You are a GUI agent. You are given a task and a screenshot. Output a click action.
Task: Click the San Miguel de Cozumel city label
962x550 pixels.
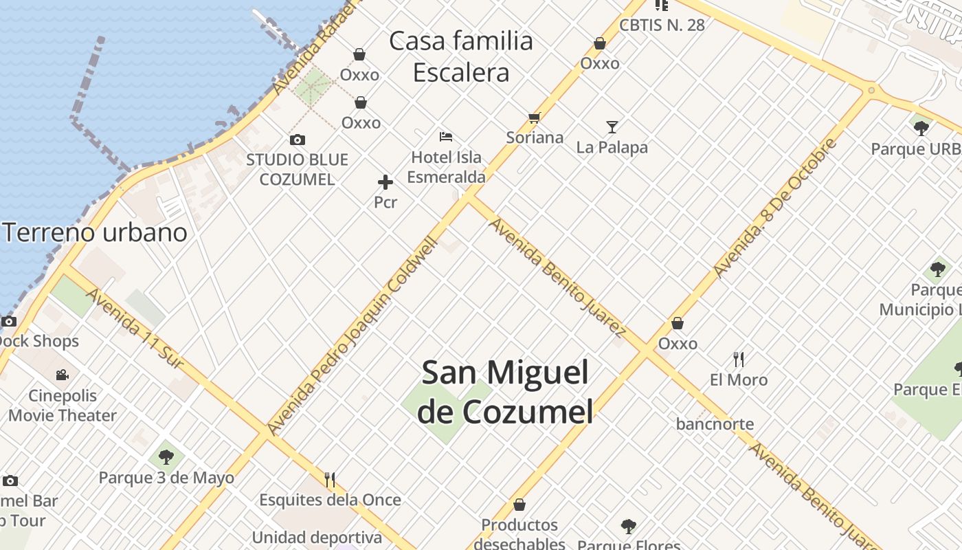pyautogui.click(x=505, y=392)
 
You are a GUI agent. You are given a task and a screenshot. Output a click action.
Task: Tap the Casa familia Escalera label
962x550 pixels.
pyautogui.click(x=461, y=57)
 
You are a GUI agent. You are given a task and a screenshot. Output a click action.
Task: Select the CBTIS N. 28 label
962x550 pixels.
pyautogui.click(x=662, y=25)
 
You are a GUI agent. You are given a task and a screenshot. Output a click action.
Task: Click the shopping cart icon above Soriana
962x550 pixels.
pyautogui.click(x=535, y=118)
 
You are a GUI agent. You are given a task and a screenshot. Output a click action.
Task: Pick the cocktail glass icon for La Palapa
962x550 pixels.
pyautogui.click(x=612, y=127)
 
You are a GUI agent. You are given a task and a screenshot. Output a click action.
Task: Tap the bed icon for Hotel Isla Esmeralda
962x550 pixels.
pyautogui.click(x=446, y=137)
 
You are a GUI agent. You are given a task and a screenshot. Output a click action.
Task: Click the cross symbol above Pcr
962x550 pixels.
pyautogui.click(x=385, y=182)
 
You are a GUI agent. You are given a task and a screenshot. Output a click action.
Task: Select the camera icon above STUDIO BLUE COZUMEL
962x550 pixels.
pyautogui.click(x=298, y=140)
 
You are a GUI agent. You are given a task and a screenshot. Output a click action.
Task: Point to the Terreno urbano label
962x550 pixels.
pyautogui.click(x=95, y=232)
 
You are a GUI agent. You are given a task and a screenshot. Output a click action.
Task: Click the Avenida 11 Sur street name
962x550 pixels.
pyautogui.click(x=135, y=328)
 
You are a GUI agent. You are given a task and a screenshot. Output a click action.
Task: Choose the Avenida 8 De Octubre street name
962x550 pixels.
pyautogui.click(x=776, y=207)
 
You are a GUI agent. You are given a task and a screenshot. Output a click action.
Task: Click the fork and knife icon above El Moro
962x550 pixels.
pyautogui.click(x=739, y=359)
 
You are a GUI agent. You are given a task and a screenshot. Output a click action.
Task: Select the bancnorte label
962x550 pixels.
pyautogui.click(x=715, y=424)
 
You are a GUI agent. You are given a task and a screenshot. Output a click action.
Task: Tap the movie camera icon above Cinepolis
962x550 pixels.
pyautogui.click(x=63, y=375)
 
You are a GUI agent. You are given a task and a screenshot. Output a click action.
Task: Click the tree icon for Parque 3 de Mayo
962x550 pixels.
pyautogui.click(x=166, y=456)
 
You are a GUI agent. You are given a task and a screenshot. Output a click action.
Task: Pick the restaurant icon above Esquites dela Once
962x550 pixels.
pyautogui.click(x=330, y=479)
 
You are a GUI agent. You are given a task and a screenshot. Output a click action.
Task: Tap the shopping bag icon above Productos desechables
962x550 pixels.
pyautogui.click(x=519, y=505)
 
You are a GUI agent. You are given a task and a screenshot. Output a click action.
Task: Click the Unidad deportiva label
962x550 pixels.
pyautogui.click(x=317, y=537)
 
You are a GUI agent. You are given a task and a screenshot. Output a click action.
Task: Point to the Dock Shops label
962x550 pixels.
pyautogui.click(x=38, y=341)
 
